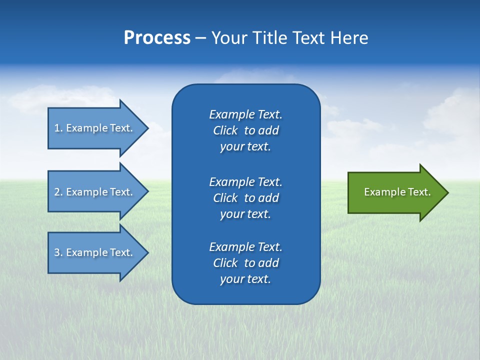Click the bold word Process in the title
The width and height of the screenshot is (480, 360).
point(157,38)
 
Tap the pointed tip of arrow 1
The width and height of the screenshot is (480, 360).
point(147,128)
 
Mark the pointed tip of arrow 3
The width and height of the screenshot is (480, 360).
point(147,252)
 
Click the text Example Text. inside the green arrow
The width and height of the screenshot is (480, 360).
point(397,192)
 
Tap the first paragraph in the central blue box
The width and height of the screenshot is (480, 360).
point(245,130)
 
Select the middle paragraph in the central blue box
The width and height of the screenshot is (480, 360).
point(245,198)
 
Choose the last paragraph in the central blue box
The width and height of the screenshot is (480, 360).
point(245,263)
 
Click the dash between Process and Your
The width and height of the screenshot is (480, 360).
point(200,38)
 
